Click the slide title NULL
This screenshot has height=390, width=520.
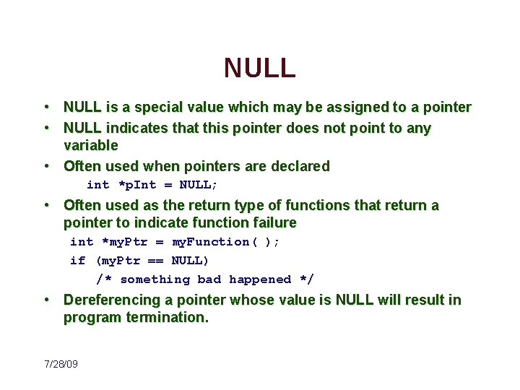coord(260,68)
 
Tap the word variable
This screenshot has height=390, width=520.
coord(91,145)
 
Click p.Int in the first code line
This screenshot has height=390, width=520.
coord(140,185)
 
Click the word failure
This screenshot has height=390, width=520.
coord(270,222)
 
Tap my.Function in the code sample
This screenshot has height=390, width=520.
coord(211,242)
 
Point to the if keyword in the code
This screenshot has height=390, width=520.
coord(77,261)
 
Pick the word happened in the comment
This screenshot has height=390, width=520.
coord(260,279)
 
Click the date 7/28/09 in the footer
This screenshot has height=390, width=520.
coord(61,364)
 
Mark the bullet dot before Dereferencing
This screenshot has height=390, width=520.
coord(45,300)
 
